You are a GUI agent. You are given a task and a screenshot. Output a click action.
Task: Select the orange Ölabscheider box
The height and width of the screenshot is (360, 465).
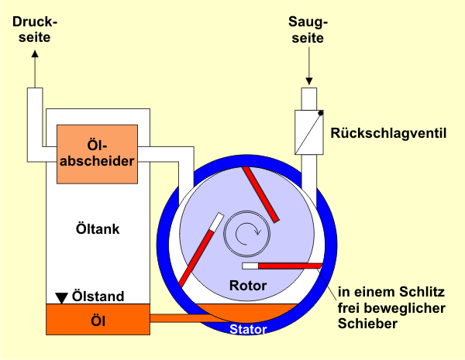point(97,153)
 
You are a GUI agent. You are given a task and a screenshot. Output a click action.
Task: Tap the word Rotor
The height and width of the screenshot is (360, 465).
point(248,286)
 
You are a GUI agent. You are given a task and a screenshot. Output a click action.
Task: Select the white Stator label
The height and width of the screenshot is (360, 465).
point(248,330)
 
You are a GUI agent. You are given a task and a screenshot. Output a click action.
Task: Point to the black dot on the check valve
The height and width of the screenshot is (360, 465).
point(320,114)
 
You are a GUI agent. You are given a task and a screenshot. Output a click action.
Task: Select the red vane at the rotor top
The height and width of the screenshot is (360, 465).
point(261,194)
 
